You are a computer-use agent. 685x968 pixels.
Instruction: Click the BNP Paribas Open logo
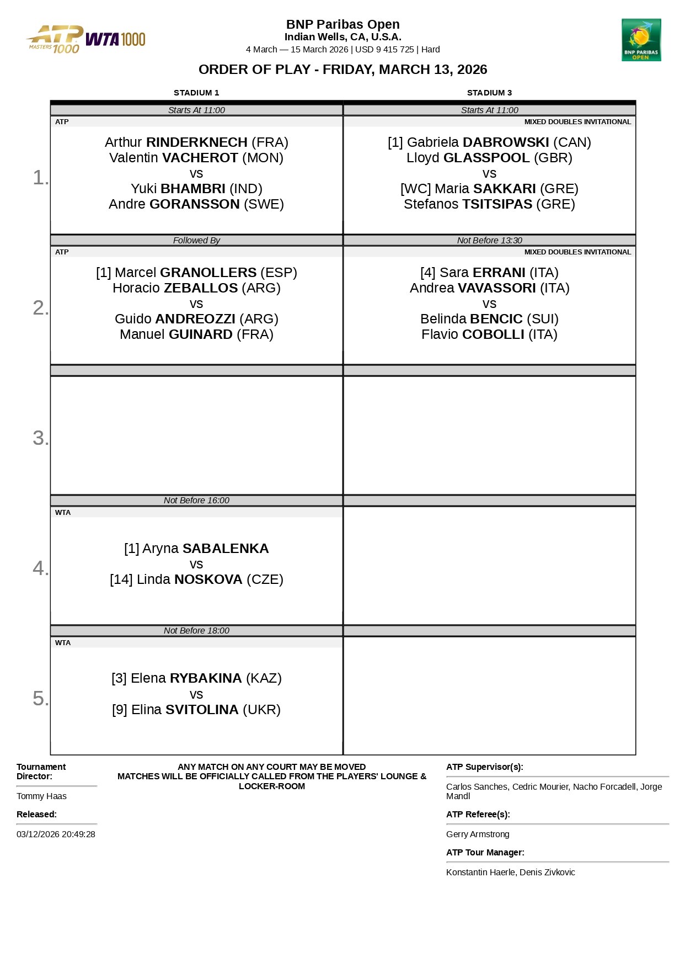tap(641, 40)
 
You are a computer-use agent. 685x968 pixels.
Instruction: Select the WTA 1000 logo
tap(116, 39)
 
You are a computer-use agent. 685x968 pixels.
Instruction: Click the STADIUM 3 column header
tap(489, 93)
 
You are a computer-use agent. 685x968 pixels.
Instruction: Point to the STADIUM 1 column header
tap(196, 93)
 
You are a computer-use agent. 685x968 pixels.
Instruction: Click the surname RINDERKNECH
tap(196, 142)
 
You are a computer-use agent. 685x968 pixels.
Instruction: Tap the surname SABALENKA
tap(226, 549)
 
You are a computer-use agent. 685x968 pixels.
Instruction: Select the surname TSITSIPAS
tap(497, 204)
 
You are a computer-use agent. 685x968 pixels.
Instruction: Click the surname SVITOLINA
tap(202, 710)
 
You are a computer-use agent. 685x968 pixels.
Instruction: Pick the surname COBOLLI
tap(493, 334)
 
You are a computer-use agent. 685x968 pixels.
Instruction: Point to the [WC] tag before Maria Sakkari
tap(415, 189)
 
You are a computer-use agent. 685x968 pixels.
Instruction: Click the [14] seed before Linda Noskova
tap(121, 579)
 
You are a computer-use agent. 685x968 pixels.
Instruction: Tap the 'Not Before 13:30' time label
tap(489, 241)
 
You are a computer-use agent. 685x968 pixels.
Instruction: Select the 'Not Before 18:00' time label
tap(196, 631)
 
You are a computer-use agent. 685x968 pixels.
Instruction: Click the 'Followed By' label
tap(196, 241)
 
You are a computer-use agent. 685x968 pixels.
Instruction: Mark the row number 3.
tap(40, 438)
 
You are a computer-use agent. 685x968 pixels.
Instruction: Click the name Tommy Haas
tap(41, 796)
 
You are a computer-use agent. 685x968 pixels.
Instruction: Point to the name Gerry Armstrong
tap(478, 834)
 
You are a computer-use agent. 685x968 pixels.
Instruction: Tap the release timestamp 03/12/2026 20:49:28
tap(56, 834)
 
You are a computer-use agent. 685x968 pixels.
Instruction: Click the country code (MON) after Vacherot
tap(263, 158)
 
